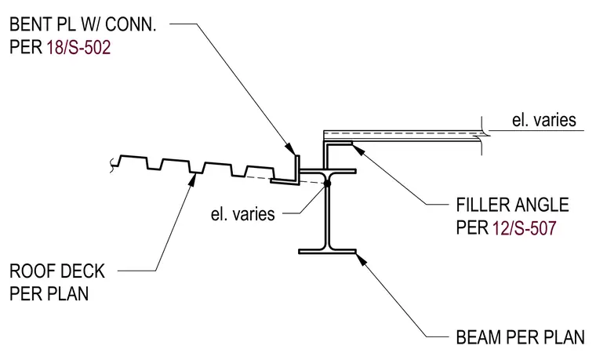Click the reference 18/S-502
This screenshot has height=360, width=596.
[78, 48]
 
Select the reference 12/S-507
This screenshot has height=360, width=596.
[525, 228]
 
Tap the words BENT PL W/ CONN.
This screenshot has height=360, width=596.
[83, 25]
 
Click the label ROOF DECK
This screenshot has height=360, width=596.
[57, 271]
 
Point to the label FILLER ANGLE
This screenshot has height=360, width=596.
[512, 205]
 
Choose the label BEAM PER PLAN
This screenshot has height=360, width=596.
[521, 337]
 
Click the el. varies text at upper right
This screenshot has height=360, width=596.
[544, 120]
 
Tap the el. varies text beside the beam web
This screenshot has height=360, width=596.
[242, 214]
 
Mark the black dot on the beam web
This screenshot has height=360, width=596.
[328, 184]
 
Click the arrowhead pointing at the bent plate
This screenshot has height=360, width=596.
[290, 149]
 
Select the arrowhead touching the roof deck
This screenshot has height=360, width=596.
[193, 180]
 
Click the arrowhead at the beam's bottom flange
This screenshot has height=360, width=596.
[362, 260]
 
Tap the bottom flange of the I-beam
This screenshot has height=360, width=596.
[327, 251]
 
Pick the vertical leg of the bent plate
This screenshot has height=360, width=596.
[298, 169]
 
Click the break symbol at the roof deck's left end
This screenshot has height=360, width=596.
[112, 165]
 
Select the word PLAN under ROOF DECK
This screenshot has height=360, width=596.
[66, 294]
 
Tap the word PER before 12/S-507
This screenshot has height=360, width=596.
[472, 228]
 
